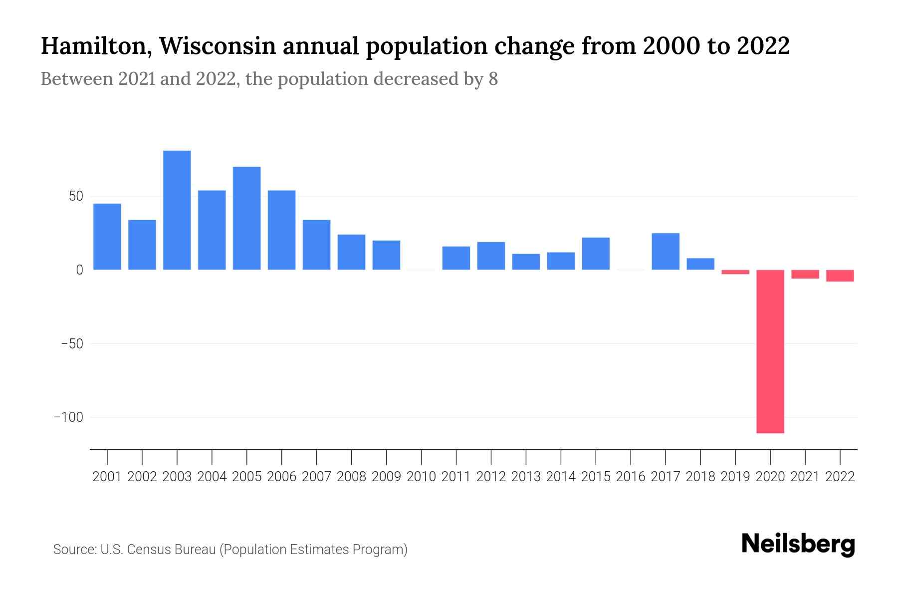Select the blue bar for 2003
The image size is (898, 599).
point(177,210)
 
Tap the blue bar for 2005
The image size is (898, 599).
point(247,218)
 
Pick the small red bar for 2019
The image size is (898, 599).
point(735,272)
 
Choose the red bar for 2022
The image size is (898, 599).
point(840,276)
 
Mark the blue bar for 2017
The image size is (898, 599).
point(666,252)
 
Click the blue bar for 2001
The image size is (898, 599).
point(107,237)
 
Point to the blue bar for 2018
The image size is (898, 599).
point(700,264)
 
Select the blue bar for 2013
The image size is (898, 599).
point(526,262)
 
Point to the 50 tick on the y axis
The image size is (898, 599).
point(76,196)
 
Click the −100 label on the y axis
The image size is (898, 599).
point(68,417)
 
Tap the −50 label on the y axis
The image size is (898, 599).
point(72,344)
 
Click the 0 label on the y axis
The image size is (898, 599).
point(79,270)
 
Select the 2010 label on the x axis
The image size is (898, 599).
point(421,477)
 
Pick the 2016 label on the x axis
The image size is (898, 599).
point(631,477)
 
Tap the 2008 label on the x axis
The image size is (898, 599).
point(351,477)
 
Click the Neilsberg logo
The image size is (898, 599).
point(798,545)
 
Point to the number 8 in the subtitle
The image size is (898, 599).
point(493,79)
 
